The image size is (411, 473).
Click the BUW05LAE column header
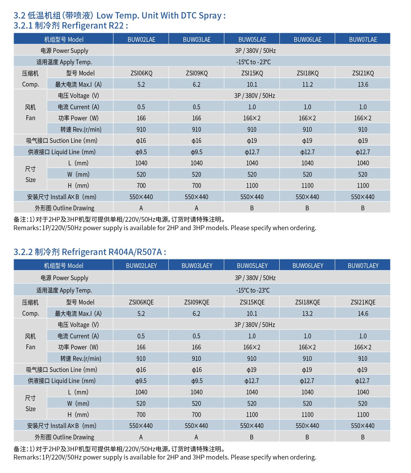[x=252, y=39]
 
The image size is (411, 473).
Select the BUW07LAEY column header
[x=363, y=266]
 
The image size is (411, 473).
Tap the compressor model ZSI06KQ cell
[x=141, y=73]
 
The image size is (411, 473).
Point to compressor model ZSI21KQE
[x=363, y=302]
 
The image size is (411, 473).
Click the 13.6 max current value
[x=363, y=84]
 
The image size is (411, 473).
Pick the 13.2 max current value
[x=307, y=313]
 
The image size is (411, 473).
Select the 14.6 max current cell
[x=363, y=313]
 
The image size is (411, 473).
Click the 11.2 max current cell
[x=307, y=84]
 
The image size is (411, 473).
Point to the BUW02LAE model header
[x=141, y=39]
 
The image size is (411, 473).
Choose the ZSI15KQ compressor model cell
[x=252, y=73]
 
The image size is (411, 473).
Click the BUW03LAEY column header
[x=197, y=266]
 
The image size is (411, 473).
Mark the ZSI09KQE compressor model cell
[x=197, y=302]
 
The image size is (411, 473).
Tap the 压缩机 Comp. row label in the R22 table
[x=30, y=79]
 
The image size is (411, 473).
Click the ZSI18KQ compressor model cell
[x=307, y=73]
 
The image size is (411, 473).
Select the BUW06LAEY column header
[x=308, y=266]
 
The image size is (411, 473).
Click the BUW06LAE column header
[x=307, y=39]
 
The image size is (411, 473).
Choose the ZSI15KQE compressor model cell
[x=252, y=302]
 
